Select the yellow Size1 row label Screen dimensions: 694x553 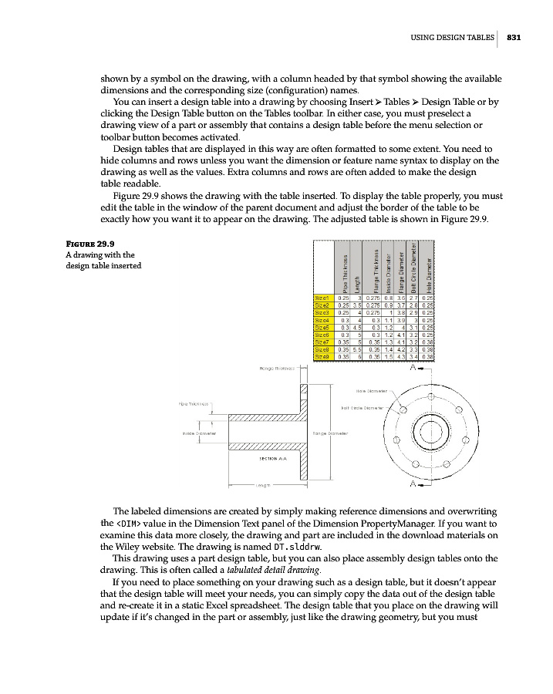(322, 297)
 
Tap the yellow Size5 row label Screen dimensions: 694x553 (322, 327)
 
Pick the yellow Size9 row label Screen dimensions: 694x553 (322, 357)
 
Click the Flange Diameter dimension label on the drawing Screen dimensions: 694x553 (330, 433)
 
